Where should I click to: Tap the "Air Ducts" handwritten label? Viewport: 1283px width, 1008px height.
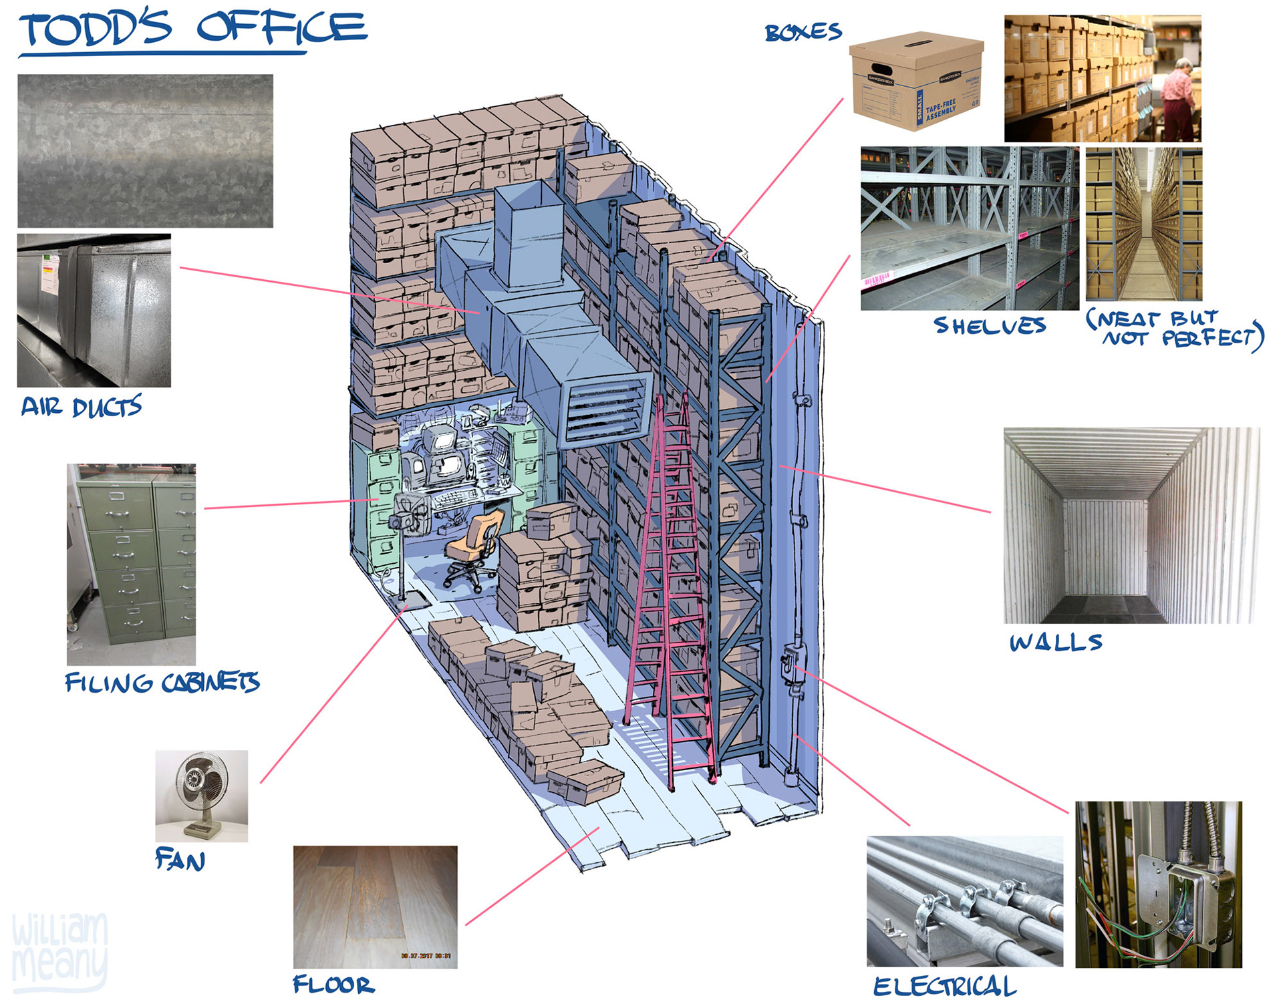[81, 405]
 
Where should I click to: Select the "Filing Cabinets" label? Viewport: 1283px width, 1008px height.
[162, 682]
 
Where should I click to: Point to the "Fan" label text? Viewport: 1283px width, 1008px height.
[180, 859]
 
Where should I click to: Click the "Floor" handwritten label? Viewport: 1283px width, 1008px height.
[333, 984]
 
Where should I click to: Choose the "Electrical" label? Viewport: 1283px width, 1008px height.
[944, 986]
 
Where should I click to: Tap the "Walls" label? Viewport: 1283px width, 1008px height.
[1055, 642]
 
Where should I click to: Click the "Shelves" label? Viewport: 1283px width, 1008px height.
[990, 325]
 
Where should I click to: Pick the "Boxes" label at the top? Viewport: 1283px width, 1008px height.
[803, 31]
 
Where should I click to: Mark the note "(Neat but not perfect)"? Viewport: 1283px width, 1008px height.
[1175, 328]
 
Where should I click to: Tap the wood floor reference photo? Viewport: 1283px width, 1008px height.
[375, 906]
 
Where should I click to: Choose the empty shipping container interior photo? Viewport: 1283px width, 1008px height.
[1131, 525]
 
